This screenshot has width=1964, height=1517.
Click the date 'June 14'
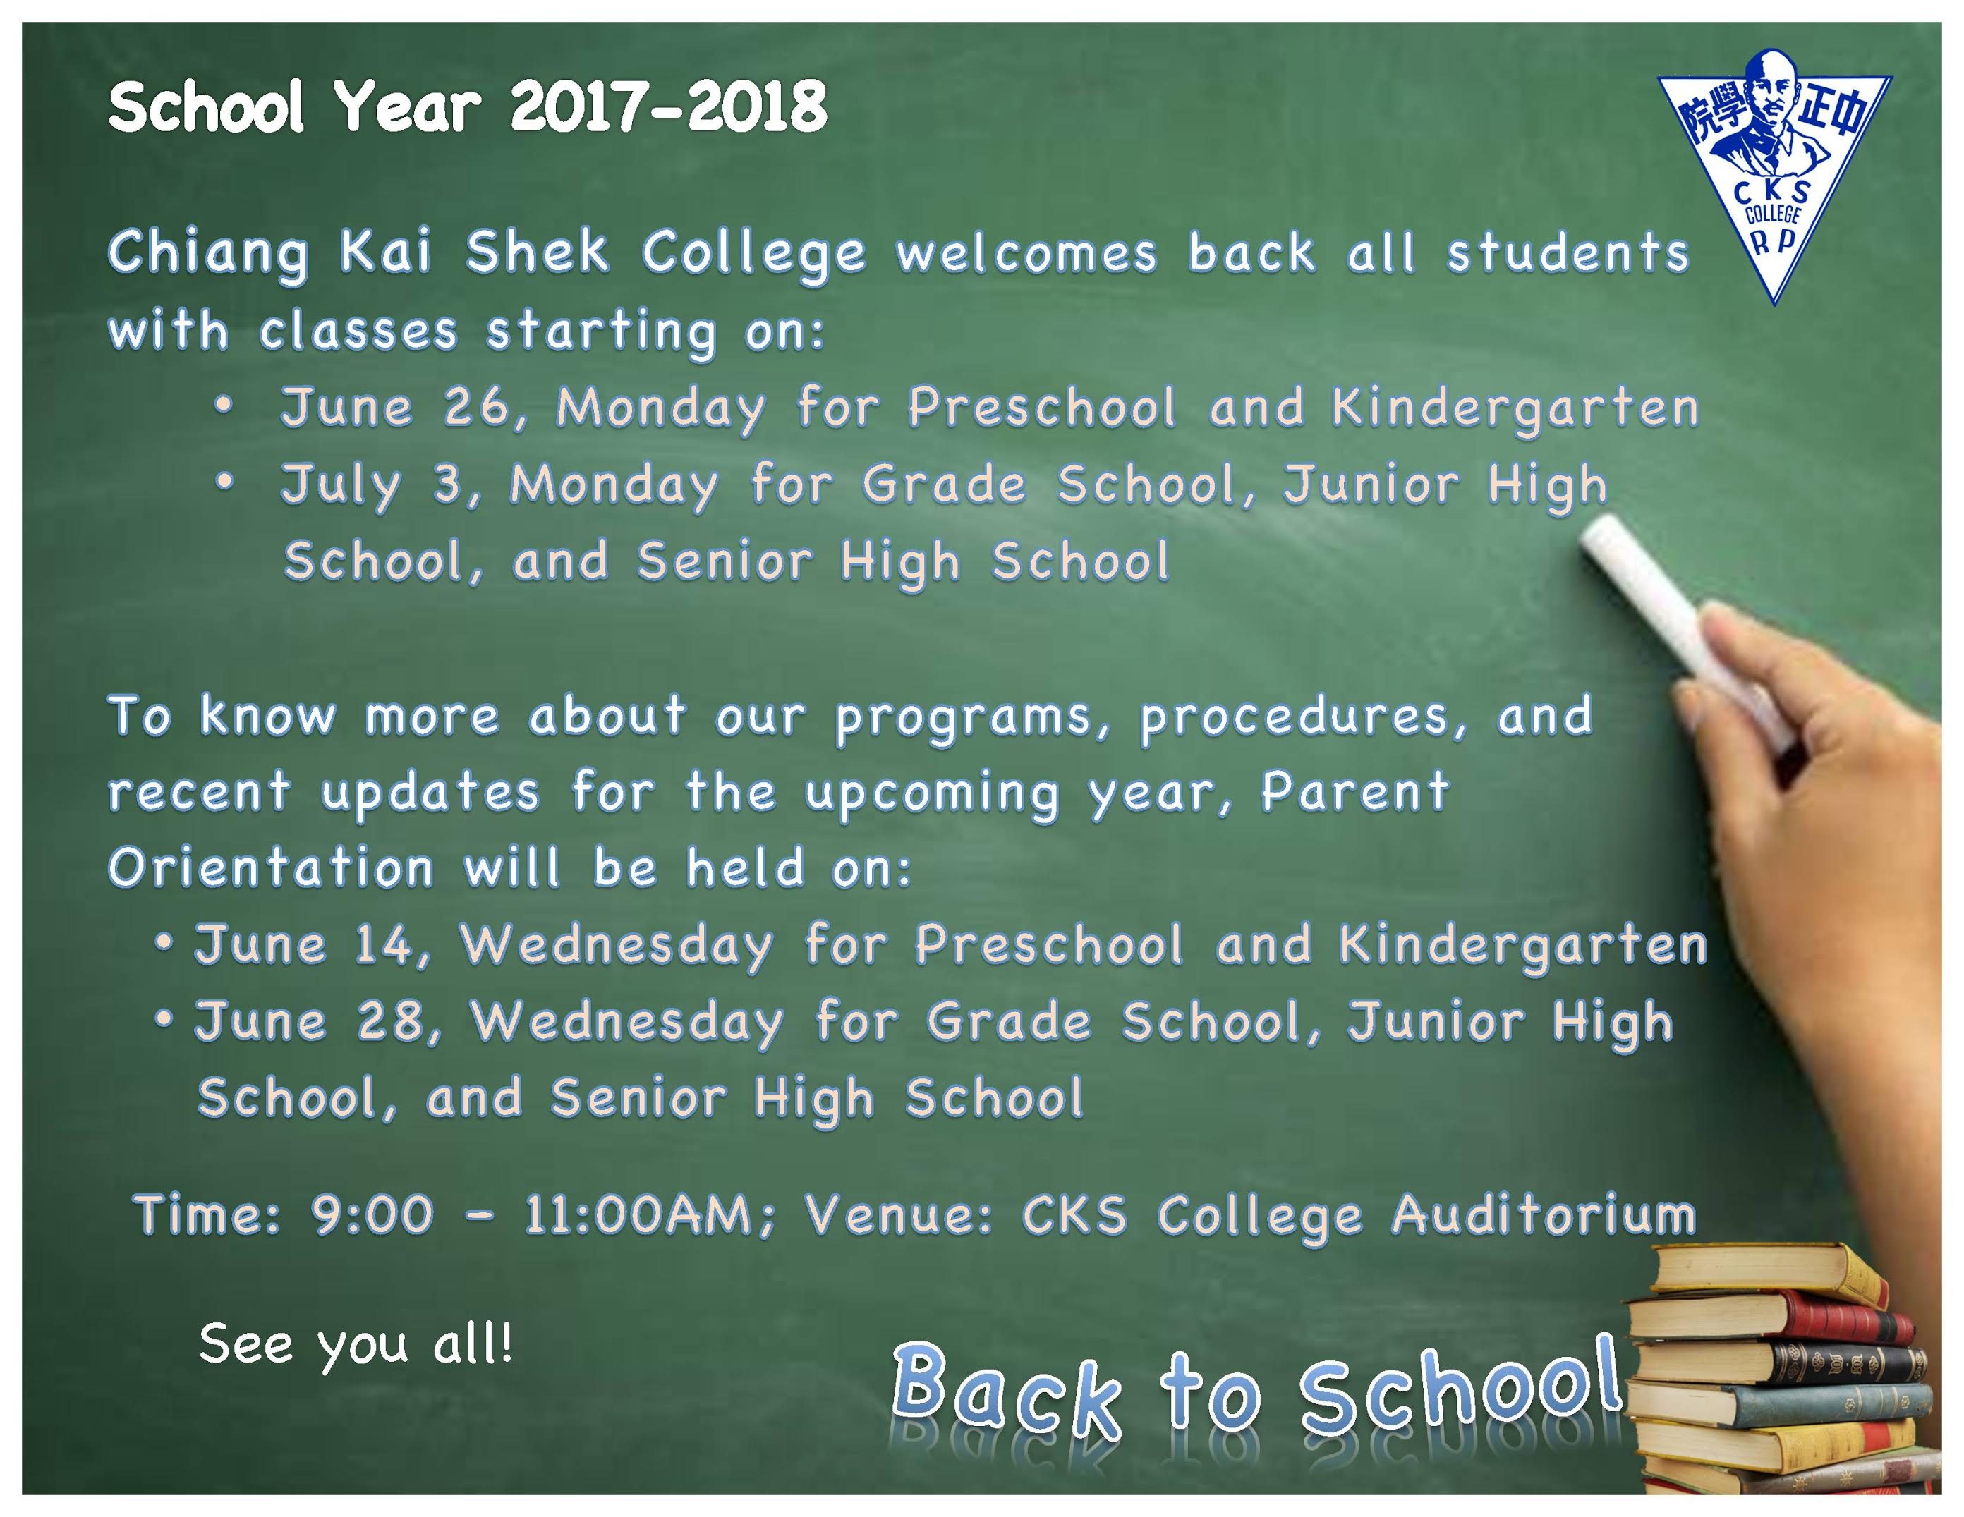pos(303,946)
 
